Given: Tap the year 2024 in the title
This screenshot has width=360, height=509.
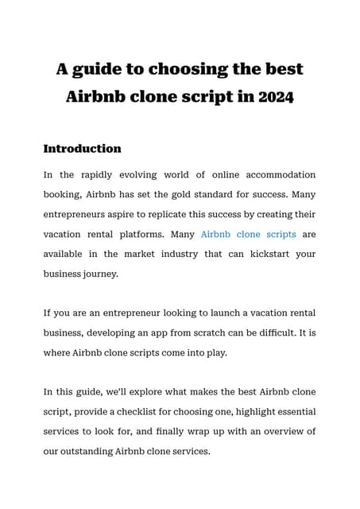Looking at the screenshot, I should click(271, 98).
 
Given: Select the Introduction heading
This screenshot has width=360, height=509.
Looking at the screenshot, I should click(82, 149).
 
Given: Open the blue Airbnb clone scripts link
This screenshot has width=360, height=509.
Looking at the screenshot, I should click(249, 235).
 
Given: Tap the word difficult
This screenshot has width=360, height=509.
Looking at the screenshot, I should click(269, 333).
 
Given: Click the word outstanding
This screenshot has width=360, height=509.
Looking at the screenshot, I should click(90, 452).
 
